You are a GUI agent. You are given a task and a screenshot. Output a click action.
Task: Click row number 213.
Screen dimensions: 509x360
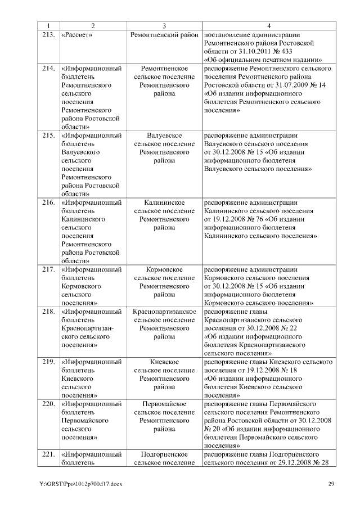point(48,35)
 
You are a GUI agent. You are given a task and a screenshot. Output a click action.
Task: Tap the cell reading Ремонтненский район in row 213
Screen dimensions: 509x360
point(164,35)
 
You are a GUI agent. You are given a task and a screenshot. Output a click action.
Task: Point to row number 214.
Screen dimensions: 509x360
point(48,68)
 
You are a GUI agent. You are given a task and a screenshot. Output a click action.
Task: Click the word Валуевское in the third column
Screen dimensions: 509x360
point(164,136)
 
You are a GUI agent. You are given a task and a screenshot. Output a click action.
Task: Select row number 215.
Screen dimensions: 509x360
point(48,136)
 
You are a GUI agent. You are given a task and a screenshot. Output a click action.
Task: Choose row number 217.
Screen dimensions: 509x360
point(48,270)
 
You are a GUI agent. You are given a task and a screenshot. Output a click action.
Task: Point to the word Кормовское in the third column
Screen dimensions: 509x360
point(164,270)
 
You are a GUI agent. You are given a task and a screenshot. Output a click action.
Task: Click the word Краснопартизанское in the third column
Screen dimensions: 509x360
point(164,312)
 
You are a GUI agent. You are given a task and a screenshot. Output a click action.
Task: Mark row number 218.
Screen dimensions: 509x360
point(48,312)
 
